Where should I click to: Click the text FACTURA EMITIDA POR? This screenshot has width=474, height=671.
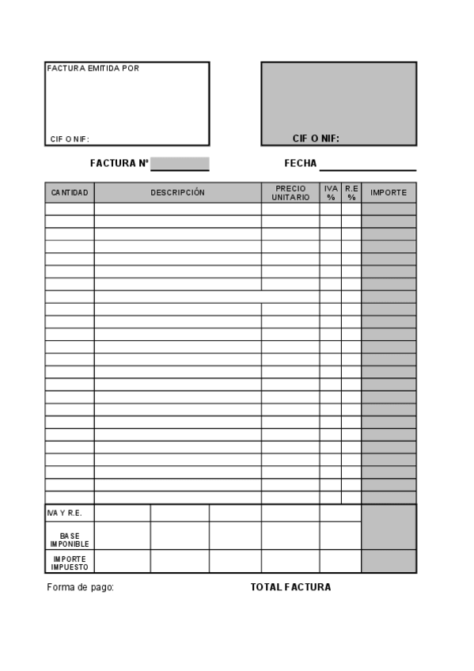[93, 69]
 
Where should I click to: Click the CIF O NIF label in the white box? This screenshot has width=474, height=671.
[70, 139]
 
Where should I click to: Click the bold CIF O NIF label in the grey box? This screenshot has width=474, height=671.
[316, 138]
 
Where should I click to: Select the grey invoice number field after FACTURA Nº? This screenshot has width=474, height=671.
[180, 164]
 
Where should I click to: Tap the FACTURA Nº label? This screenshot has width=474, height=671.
[119, 164]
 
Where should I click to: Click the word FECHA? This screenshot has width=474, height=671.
[301, 164]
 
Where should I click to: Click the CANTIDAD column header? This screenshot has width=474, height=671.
[70, 193]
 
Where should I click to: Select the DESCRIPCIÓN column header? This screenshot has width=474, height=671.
[177, 193]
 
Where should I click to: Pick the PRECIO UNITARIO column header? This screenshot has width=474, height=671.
[290, 193]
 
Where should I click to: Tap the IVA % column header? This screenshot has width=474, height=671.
[331, 193]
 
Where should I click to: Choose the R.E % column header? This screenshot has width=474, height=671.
[351, 193]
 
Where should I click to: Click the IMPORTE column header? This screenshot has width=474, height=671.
[389, 193]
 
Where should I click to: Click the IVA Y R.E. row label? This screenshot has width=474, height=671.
[64, 514]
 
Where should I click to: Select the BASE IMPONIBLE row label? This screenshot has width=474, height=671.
[70, 540]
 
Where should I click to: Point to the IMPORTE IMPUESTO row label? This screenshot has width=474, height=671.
[70, 563]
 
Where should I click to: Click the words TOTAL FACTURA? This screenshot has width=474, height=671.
[290, 587]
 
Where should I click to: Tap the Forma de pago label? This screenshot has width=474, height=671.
[81, 587]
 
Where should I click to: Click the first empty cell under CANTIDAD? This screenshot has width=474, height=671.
[70, 209]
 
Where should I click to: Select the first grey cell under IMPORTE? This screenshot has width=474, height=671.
[389, 209]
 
